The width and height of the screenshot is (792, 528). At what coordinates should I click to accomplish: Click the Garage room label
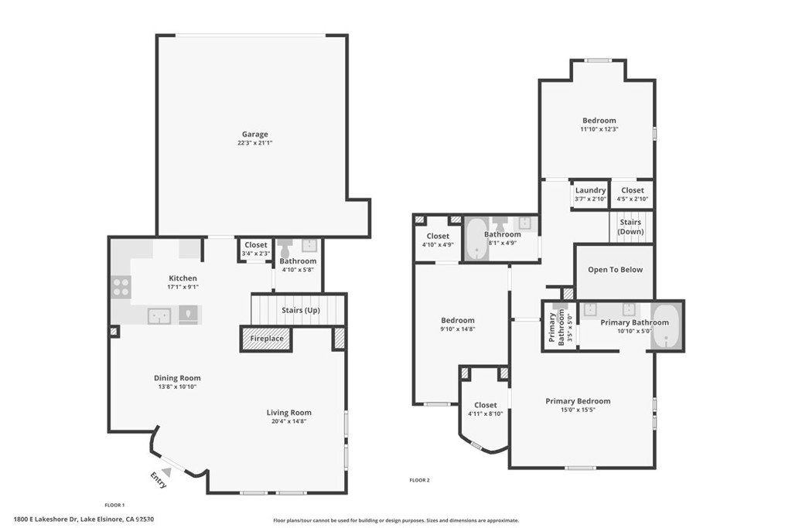pos(254,135)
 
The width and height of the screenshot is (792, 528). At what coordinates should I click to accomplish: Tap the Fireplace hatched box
pos(266,339)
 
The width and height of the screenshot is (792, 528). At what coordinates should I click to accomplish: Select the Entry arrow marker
pos(166,472)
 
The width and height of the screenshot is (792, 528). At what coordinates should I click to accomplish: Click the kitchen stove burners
pos(121,288)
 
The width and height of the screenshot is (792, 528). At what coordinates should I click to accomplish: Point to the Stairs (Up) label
pos(301,310)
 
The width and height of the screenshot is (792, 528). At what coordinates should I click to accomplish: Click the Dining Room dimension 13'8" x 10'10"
pos(177,387)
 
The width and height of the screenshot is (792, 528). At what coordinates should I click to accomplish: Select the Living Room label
pos(289,412)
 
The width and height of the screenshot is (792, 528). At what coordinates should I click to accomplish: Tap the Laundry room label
pos(590,190)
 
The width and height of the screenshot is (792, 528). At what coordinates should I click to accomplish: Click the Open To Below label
pos(615,270)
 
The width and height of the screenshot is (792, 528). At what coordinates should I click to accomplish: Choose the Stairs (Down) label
pos(631,227)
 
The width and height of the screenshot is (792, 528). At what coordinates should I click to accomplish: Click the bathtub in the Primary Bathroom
pos(666,325)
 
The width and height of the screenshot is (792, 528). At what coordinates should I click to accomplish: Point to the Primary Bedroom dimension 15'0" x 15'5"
pos(578,410)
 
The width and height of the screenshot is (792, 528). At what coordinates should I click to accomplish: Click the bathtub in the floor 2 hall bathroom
pos(476,238)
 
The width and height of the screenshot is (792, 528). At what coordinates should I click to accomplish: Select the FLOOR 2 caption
pos(419,481)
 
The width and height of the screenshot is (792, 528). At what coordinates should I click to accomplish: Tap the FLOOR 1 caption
pos(114,506)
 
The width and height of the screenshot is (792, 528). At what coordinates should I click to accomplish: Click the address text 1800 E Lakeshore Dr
pos(46,519)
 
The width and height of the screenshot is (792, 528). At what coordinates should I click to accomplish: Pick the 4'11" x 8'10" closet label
pos(486,414)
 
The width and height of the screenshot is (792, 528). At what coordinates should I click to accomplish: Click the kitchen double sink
pos(159,316)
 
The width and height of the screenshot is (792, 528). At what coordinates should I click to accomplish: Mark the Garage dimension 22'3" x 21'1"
pos(255,143)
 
